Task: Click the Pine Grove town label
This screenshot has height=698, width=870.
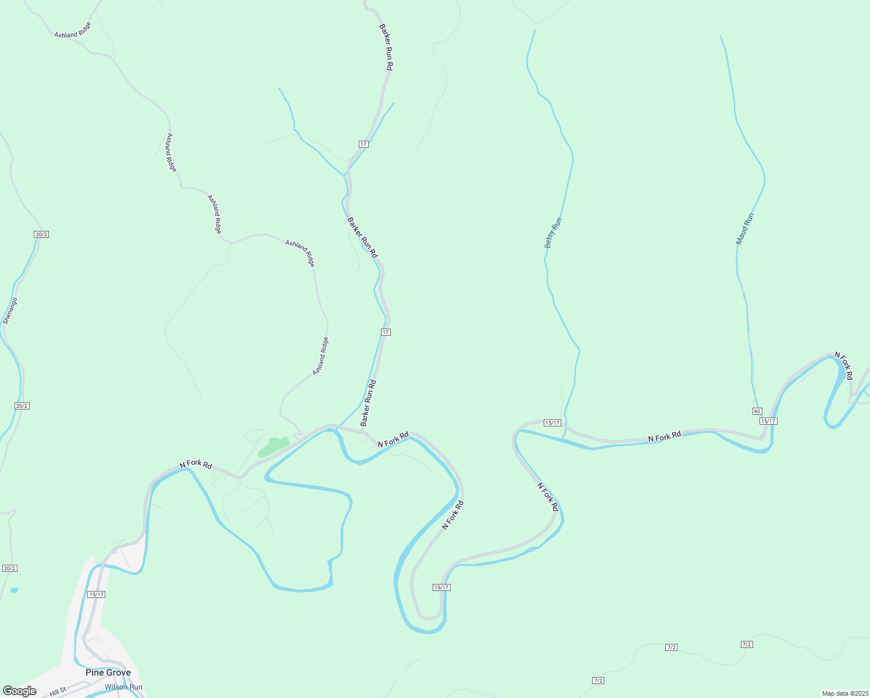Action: click(x=108, y=672)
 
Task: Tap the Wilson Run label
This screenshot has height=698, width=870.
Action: click(x=123, y=687)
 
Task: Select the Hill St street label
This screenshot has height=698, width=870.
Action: click(x=58, y=691)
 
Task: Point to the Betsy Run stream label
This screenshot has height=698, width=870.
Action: click(x=553, y=233)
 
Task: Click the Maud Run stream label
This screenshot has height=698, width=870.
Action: click(x=744, y=229)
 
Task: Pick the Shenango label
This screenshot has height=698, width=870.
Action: click(x=10, y=311)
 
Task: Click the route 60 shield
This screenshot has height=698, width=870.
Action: click(x=757, y=411)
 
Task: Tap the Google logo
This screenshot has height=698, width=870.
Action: click(x=19, y=690)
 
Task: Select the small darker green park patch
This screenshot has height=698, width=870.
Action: click(x=272, y=446)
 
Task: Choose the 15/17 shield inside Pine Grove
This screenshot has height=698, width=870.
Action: click(x=97, y=594)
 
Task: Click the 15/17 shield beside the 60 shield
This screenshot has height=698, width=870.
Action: click(x=768, y=421)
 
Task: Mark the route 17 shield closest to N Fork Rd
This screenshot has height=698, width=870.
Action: click(x=386, y=332)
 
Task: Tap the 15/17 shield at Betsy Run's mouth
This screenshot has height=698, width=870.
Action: click(x=552, y=423)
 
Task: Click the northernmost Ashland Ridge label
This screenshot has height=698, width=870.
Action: click(x=73, y=30)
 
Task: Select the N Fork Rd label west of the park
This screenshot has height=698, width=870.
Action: click(x=195, y=464)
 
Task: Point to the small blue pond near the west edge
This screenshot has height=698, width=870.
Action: click(x=14, y=590)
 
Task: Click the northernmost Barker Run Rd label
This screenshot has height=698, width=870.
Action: click(x=386, y=47)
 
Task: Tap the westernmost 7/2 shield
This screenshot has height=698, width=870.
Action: click(x=598, y=681)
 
